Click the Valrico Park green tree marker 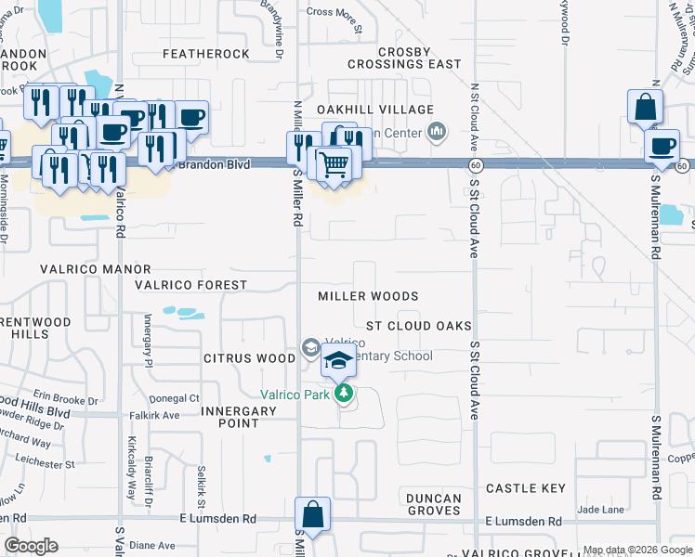point(345,394)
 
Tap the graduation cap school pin point(340,362)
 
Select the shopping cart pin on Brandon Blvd point(334,165)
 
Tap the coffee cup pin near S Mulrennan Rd point(663,147)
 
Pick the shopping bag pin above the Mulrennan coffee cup point(645,108)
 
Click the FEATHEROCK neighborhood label point(206,54)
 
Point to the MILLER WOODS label point(368,296)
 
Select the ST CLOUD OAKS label point(418,326)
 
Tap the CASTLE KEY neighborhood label point(525,488)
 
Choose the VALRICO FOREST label point(191,285)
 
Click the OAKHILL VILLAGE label point(387,110)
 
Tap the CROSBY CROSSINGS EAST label point(404,58)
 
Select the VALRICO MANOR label point(95,269)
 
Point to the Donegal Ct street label point(180,398)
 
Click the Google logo point(32,546)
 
